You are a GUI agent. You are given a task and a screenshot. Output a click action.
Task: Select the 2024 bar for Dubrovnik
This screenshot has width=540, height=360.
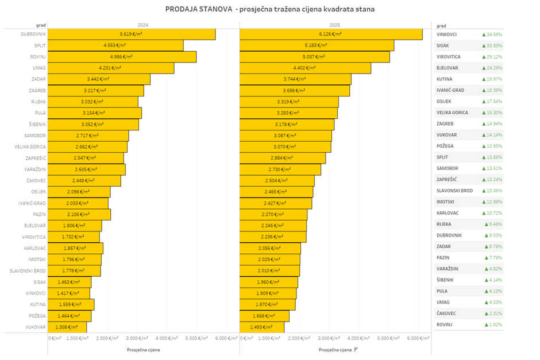pyautogui.click(x=132, y=34)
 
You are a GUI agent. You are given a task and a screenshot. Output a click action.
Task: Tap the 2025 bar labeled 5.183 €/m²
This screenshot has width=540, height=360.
pyautogui.click(x=316, y=45)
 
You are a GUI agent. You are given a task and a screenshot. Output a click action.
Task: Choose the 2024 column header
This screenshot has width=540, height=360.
pyautogui.click(x=143, y=25)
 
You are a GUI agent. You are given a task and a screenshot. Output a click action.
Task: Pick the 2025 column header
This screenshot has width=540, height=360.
pyautogui.click(x=335, y=25)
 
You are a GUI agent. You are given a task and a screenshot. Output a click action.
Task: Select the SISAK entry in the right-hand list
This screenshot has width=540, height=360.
pyautogui.click(x=443, y=45)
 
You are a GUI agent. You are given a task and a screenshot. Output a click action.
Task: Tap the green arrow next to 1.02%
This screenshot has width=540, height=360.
pyautogui.click(x=486, y=324)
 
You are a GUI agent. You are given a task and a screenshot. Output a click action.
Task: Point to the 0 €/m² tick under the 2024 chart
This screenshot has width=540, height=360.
pyautogui.click(x=55, y=338)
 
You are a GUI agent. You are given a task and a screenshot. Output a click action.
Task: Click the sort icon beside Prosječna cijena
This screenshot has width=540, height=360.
pyautogui.click(x=356, y=349)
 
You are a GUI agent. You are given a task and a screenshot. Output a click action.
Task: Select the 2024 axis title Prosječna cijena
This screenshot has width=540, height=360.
pyautogui.click(x=143, y=349)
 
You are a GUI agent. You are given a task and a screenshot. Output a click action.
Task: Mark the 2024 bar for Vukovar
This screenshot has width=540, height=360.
pyautogui.click(x=67, y=327)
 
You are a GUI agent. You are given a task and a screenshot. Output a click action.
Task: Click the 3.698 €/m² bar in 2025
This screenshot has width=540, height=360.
pyautogui.click(x=294, y=91)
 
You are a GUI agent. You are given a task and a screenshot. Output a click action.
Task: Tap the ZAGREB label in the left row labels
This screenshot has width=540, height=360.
pyautogui.click(x=37, y=90)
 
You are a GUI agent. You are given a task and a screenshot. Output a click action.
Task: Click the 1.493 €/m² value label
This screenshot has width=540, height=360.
pyautogui.click(x=261, y=327)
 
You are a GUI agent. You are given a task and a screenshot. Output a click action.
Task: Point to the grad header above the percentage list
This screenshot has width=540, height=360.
pyautogui.click(x=442, y=26)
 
